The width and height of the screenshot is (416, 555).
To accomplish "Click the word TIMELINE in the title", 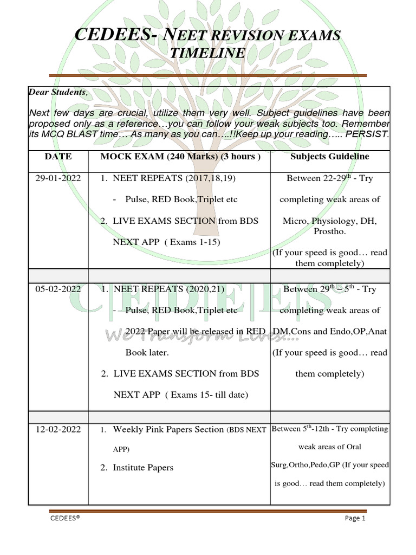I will coord(207,53).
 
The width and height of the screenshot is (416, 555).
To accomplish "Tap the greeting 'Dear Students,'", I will coord(57,92).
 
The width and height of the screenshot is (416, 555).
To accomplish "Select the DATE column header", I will coord(58,157).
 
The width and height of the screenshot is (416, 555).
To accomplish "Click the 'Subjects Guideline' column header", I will coord(330,157).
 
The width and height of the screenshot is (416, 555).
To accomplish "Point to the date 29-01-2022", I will coord(58,178).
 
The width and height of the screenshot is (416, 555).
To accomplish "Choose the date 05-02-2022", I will coord(58,289).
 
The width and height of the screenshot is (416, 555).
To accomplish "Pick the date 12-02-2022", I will coord(58,430).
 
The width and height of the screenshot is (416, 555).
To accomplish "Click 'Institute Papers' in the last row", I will coord(143,467).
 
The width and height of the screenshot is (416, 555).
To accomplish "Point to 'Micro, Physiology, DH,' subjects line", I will coord(329,221).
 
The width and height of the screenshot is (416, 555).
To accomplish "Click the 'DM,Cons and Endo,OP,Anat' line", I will coord(329,332).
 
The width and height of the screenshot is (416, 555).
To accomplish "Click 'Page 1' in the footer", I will coord(355,518).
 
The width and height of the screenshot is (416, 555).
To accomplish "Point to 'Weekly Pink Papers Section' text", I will coord(168,430).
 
